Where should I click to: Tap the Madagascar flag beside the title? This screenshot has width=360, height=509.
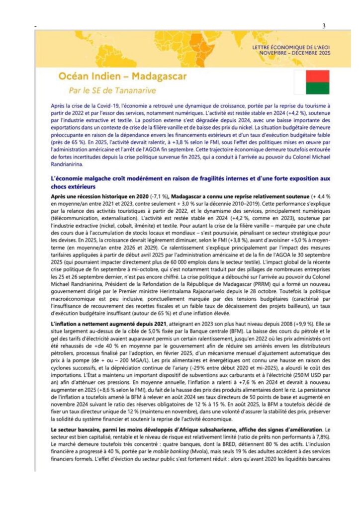click(311, 83)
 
